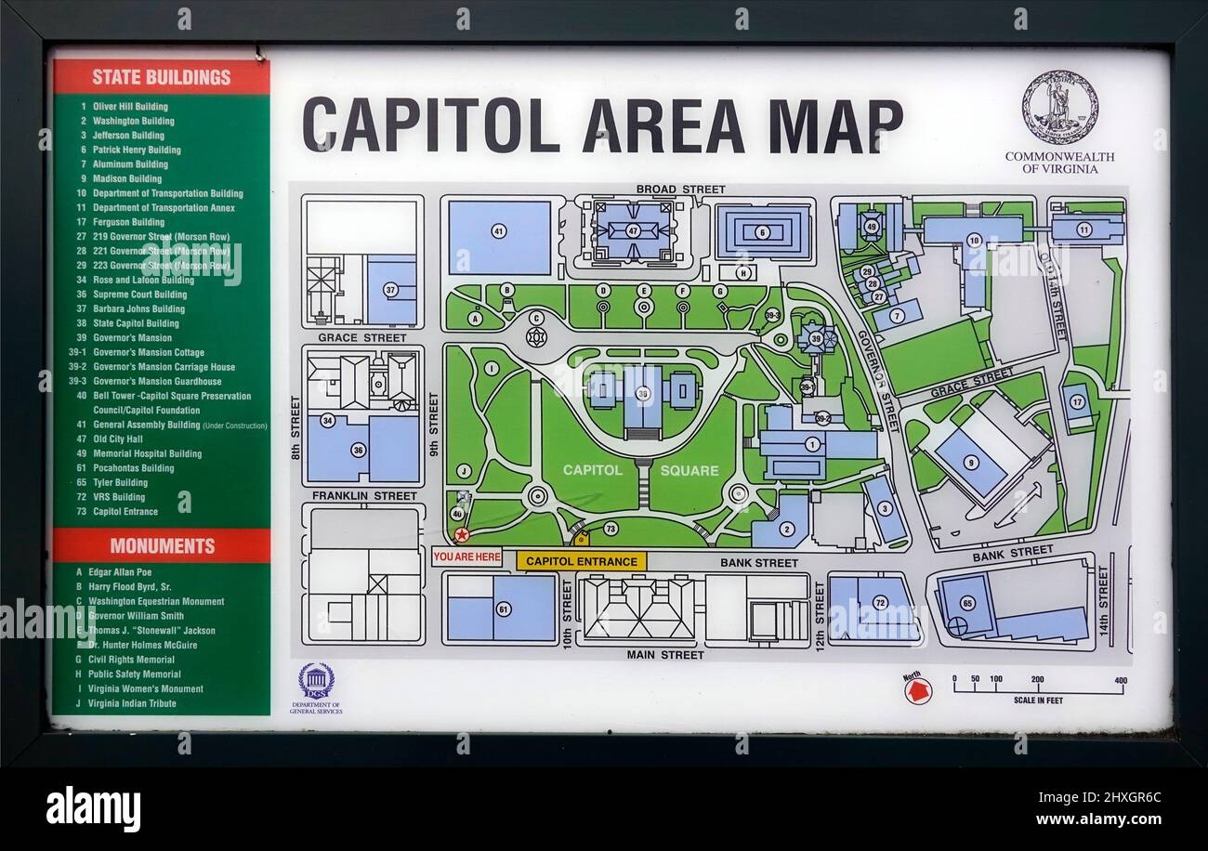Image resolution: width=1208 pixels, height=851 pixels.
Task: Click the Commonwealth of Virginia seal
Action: (x=1059, y=107)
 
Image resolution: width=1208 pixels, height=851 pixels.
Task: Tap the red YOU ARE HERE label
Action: (x=466, y=557)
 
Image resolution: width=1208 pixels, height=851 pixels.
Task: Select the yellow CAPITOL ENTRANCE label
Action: (x=582, y=561)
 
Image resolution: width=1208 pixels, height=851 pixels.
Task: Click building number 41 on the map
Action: (x=499, y=230)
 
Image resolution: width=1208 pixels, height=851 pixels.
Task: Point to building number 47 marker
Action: (x=633, y=230)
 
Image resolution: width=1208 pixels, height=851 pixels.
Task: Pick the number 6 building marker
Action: (x=763, y=232)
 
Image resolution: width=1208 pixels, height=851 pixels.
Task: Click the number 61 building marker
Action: (x=504, y=609)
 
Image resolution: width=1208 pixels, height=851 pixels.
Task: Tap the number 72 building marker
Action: (x=880, y=603)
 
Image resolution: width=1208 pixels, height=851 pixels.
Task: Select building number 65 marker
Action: (x=967, y=603)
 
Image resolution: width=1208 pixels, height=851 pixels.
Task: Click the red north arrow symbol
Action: (x=918, y=688)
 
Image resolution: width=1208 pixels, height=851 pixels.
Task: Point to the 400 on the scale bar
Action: (x=1121, y=679)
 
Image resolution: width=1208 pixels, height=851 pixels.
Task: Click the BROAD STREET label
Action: (x=680, y=190)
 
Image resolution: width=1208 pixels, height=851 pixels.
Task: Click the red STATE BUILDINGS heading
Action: (x=161, y=77)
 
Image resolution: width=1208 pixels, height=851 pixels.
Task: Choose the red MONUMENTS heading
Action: (x=162, y=545)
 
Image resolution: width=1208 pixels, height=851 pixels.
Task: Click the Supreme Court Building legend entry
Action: (x=139, y=295)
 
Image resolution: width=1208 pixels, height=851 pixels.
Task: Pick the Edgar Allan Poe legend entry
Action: (x=119, y=572)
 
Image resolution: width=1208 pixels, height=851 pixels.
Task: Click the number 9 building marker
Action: (x=970, y=462)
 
